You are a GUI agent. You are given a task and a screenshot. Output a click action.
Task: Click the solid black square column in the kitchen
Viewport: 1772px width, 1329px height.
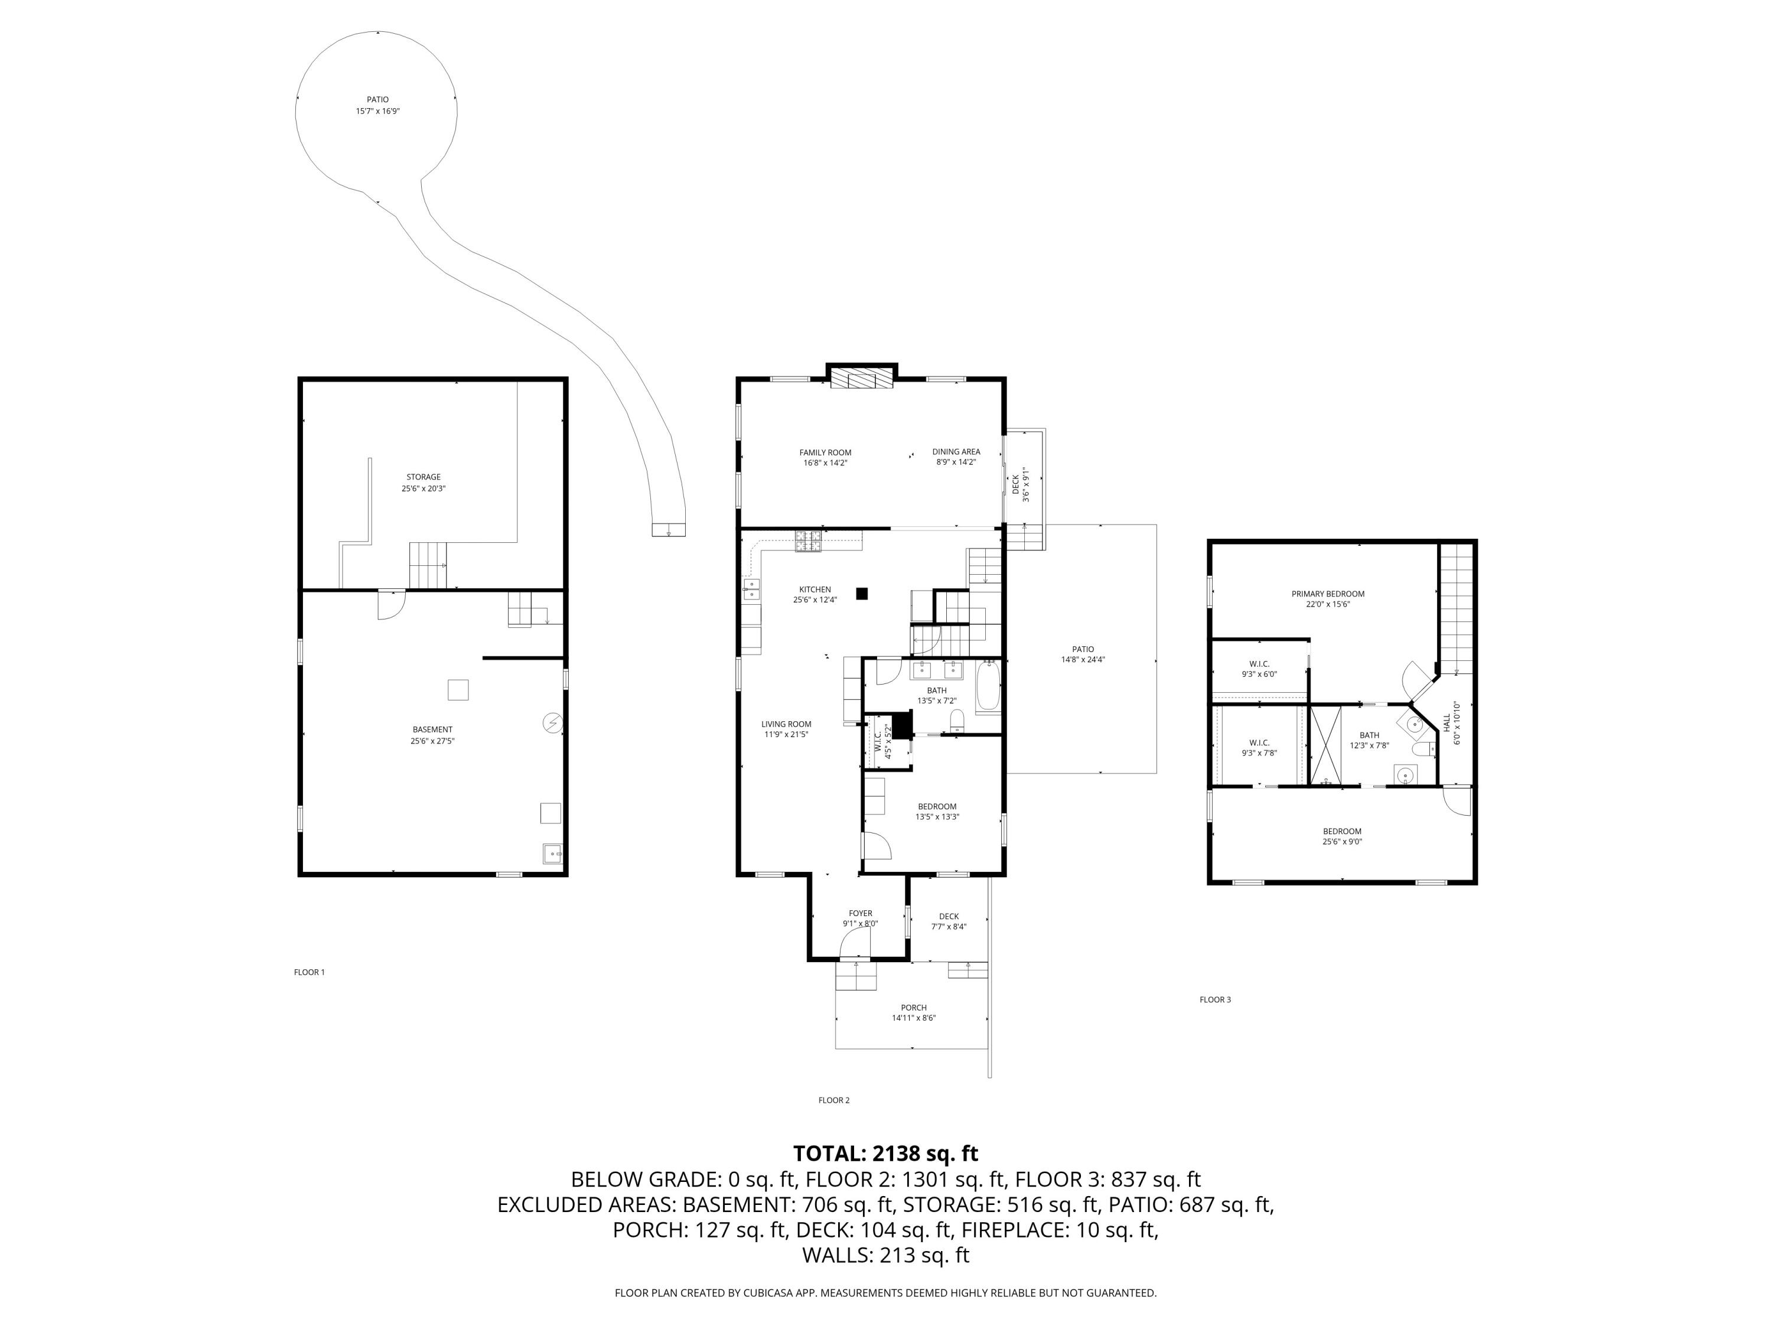862,594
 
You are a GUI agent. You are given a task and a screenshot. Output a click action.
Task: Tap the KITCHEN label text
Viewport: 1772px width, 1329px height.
815,589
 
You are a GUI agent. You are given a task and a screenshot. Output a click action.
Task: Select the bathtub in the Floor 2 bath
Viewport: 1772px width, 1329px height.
988,688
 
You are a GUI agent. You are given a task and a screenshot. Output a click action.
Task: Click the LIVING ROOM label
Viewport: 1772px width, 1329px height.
786,724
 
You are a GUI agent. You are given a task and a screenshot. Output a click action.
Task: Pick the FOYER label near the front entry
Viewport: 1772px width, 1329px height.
861,913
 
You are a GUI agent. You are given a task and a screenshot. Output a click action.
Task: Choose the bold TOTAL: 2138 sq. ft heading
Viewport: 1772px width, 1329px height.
885,1154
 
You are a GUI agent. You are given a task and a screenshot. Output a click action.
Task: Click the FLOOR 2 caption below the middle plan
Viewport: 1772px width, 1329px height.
833,1100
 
